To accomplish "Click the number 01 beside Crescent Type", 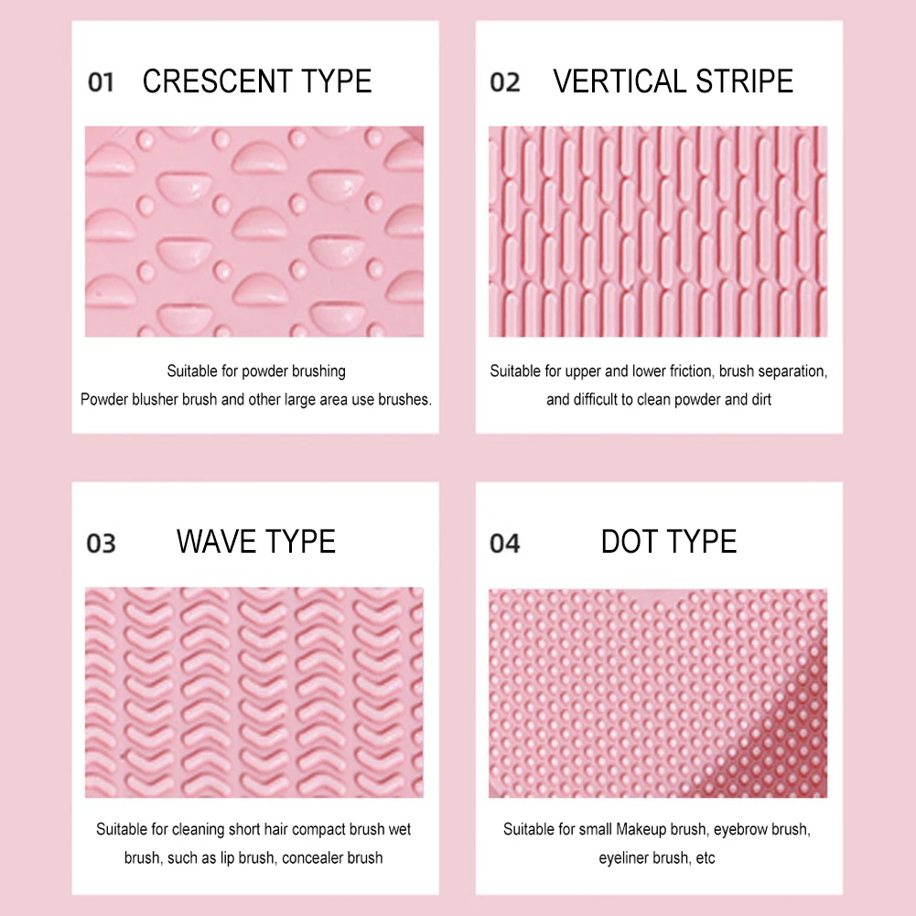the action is [x=101, y=82].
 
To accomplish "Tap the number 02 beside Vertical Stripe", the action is [x=505, y=82].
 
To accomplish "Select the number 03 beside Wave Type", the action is [x=101, y=544].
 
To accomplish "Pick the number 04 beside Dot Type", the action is [x=505, y=544].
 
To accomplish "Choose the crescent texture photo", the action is [x=254, y=232].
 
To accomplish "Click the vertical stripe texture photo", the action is [x=658, y=232].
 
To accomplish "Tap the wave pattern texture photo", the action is [x=254, y=692].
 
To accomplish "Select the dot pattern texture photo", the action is [x=658, y=693].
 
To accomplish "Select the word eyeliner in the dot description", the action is [x=623, y=858].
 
